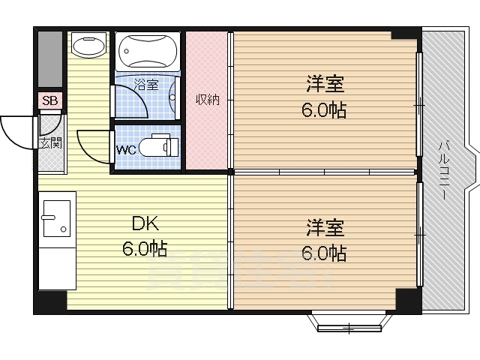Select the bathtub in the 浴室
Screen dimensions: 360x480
click(148, 51)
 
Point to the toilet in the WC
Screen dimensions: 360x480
click(160, 145)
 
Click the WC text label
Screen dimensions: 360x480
click(126, 149)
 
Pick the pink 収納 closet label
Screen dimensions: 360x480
click(207, 99)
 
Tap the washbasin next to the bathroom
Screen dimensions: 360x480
click(89, 47)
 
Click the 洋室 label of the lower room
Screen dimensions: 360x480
click(324, 226)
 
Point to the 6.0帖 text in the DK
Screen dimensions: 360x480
click(145, 249)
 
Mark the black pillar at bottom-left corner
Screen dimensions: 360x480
click(50, 301)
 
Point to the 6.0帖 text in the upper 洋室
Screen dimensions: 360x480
click(324, 109)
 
